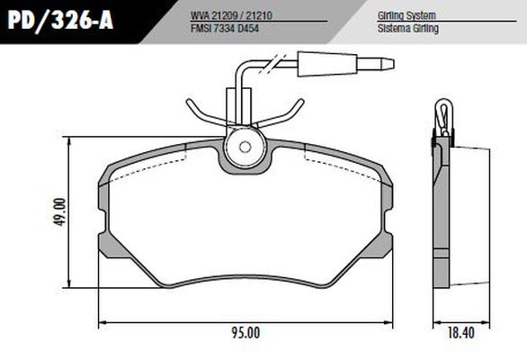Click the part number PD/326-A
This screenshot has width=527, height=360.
57,21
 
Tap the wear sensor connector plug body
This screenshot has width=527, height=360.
325,66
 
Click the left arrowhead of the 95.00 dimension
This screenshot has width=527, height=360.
101,322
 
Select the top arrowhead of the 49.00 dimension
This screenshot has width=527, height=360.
70,140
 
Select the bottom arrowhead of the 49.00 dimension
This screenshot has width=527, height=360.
70,289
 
